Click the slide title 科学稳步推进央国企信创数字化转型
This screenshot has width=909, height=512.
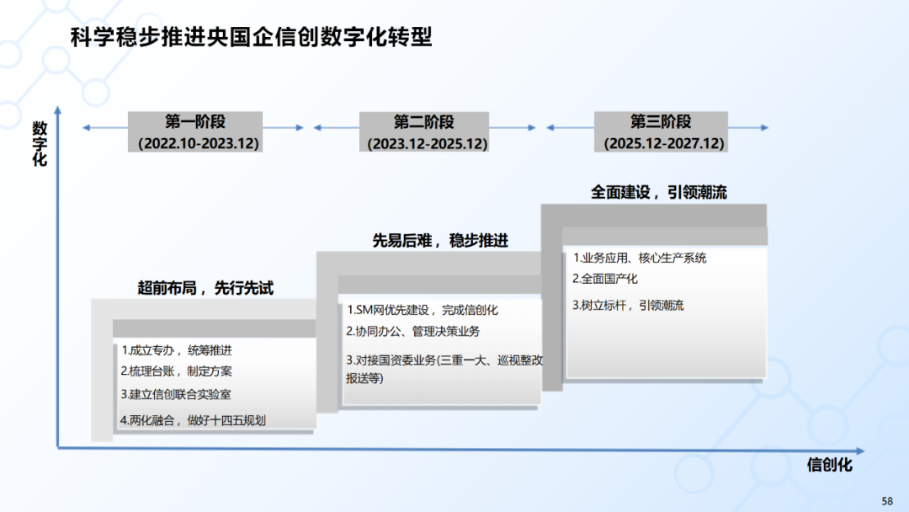click(x=251, y=38)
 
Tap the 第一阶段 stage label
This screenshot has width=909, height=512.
click(x=195, y=121)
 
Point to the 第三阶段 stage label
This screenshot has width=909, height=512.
click(x=661, y=121)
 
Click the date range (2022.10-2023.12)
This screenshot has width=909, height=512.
click(x=199, y=144)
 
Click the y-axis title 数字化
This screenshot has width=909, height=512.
click(x=40, y=143)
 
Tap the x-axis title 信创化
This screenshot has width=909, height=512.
click(x=829, y=465)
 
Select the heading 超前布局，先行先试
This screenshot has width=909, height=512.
click(x=205, y=288)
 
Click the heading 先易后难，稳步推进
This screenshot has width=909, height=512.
click(x=440, y=241)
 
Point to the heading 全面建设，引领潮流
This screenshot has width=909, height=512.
click(x=658, y=192)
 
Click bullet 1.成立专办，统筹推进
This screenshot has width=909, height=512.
click(x=176, y=350)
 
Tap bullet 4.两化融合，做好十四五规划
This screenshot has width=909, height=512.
click(x=193, y=420)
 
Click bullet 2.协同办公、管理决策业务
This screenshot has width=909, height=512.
click(x=412, y=332)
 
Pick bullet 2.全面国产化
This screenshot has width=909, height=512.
click(x=605, y=279)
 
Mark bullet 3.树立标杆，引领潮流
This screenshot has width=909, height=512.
click(x=628, y=306)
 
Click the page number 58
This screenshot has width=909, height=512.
click(x=887, y=501)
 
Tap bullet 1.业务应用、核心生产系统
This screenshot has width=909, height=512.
click(x=640, y=258)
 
